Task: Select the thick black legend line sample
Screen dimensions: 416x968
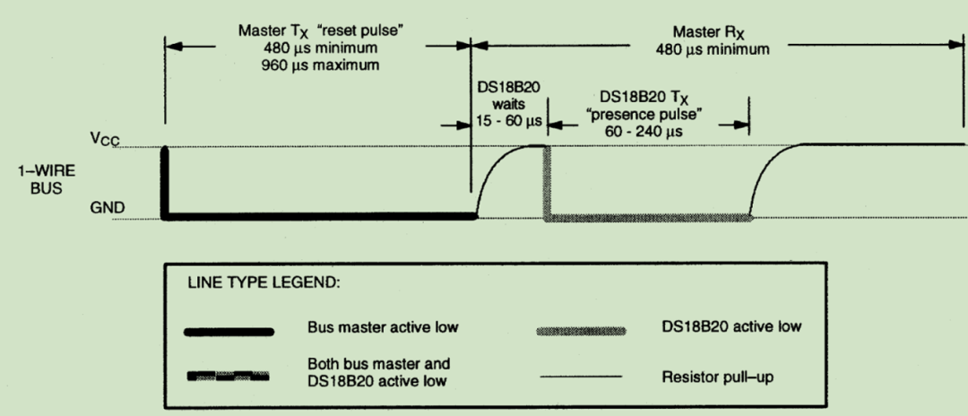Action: tap(229, 332)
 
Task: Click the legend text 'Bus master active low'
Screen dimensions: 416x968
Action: tap(381, 327)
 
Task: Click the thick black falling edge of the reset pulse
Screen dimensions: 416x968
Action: tap(165, 179)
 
